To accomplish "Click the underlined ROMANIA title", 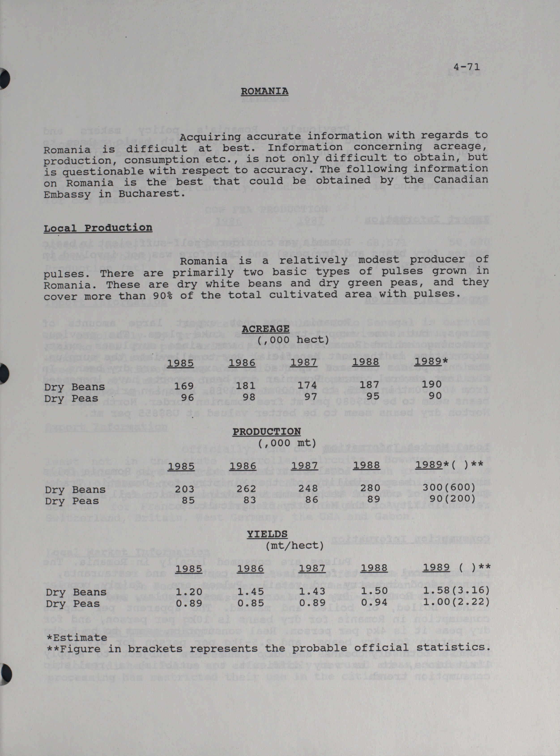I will (x=264, y=91).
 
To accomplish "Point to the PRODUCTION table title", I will (x=266, y=431).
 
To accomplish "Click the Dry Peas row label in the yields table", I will (x=72, y=603).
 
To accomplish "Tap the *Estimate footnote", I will (x=77, y=637).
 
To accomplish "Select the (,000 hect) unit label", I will (x=293, y=340).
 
